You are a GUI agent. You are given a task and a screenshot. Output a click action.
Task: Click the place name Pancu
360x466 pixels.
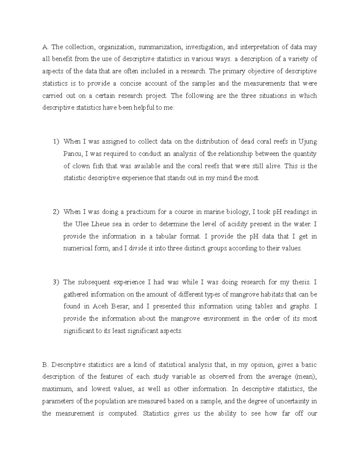[72, 154]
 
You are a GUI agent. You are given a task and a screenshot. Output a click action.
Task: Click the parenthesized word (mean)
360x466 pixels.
[306, 377]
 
